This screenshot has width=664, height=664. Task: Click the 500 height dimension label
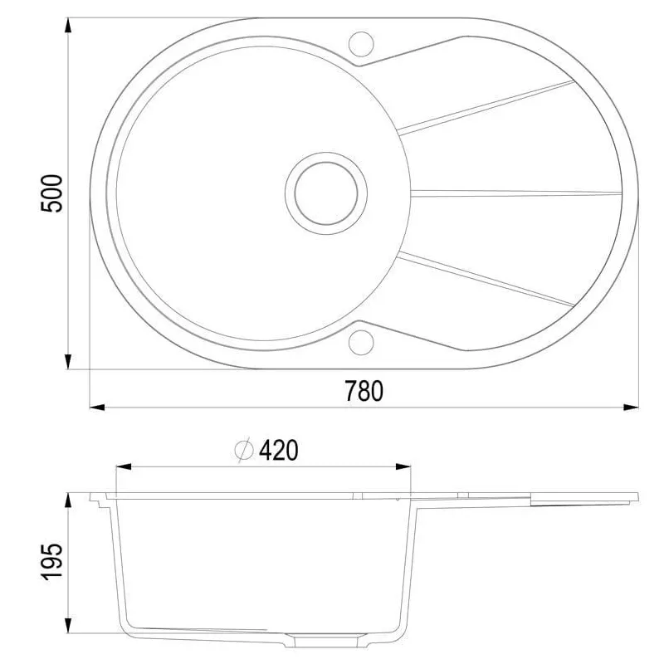click(x=51, y=193)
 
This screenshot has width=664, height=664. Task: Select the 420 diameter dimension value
click(x=278, y=450)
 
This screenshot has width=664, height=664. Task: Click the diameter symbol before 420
click(x=244, y=450)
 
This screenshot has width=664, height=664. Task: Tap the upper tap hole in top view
click(x=362, y=41)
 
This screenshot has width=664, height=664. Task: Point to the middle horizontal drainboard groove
click(x=515, y=193)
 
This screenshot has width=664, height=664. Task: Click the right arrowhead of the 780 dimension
click(x=632, y=408)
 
